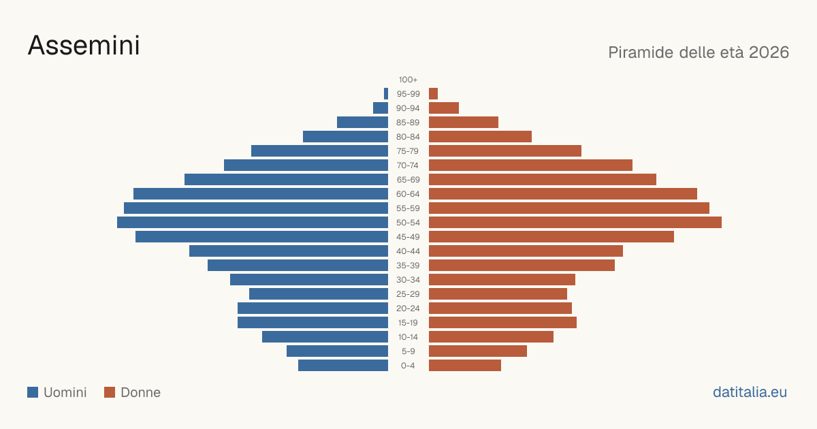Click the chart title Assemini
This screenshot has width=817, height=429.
pos(84,46)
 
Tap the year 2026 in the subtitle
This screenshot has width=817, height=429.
pos(769,52)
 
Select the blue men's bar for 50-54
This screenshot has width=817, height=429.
pos(253,223)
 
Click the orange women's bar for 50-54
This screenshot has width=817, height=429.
pos(575,223)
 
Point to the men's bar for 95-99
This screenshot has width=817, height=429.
pos(386,94)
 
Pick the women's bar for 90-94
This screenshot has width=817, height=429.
pos(444,108)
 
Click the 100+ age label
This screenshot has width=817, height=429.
pos(408,80)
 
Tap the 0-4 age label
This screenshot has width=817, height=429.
pos(408,366)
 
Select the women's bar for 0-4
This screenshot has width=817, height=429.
pos(465,366)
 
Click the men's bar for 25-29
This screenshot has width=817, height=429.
pos(319,294)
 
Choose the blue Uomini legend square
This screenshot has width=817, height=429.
pos(33,392)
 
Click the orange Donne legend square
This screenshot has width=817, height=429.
pos(110,392)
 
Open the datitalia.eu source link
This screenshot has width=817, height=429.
pos(750,392)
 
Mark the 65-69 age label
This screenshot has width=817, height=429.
pos(408,180)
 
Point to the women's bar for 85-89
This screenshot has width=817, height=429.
pos(464,122)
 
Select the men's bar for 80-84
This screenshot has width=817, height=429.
pos(345,136)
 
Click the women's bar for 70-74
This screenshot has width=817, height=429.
pos(530,165)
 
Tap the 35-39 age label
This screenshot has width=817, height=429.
pos(408,265)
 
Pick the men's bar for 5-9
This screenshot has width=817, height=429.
pos(338,351)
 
